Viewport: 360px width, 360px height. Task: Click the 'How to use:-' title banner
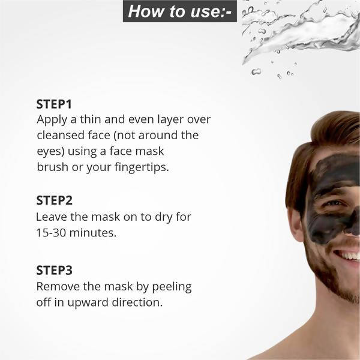pyautogui.click(x=179, y=11)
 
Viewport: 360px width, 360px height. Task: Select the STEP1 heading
pyautogui.click(x=54, y=103)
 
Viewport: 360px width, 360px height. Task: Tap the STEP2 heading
pyautogui.click(x=54, y=200)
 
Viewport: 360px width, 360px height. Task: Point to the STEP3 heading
pyautogui.click(x=54, y=270)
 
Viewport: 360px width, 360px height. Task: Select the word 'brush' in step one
pyautogui.click(x=52, y=167)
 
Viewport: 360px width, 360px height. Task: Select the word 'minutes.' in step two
pyautogui.click(x=94, y=232)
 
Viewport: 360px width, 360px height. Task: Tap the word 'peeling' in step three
pyautogui.click(x=170, y=286)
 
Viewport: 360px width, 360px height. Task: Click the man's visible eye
pyautogui.click(x=335, y=204)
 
